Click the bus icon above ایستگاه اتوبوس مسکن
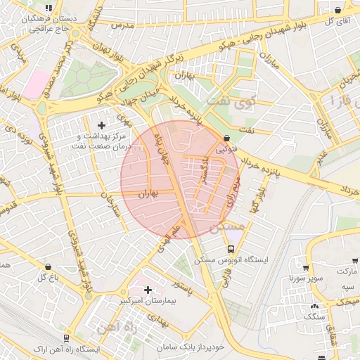(231, 249)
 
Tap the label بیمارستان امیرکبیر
(148, 300)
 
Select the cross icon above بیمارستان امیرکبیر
(148, 289)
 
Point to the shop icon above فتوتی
(226, 139)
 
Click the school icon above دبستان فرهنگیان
(48, 8)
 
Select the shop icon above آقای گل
(338, 10)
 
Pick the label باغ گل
(47, 277)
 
